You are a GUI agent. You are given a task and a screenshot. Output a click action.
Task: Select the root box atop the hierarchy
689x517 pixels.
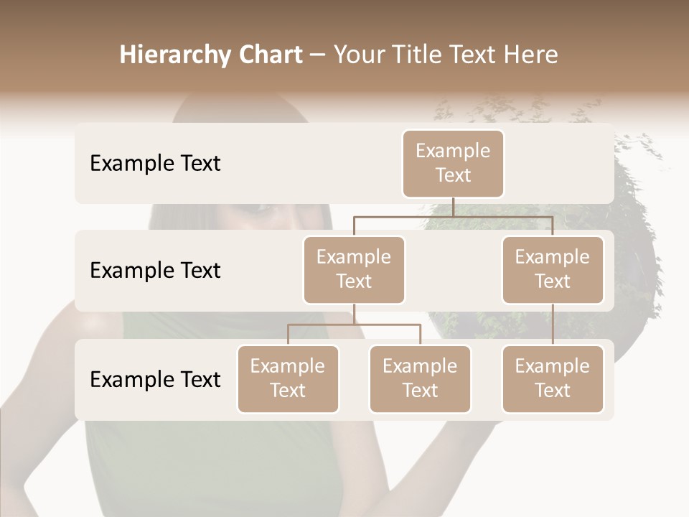(453, 163)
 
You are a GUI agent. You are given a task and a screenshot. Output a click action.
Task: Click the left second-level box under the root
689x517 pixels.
(354, 269)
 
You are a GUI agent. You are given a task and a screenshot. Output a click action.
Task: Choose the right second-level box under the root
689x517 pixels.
(553, 269)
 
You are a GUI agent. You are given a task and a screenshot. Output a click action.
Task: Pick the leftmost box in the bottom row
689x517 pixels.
(288, 378)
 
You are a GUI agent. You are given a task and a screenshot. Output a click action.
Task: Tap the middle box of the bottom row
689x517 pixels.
(420, 378)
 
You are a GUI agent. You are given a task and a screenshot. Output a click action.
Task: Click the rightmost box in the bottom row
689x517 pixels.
(553, 378)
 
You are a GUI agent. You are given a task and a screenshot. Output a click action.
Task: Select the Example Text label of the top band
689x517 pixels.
(155, 164)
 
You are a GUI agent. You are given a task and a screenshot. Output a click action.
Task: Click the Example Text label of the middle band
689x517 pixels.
(155, 271)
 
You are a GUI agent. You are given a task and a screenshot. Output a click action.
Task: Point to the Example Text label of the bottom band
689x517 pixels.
(155, 380)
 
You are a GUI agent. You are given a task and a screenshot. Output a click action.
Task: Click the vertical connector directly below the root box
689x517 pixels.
(453, 207)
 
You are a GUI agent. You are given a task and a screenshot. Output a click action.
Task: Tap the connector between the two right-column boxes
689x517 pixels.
(553, 325)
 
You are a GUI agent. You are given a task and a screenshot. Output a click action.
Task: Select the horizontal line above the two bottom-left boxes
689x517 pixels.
(354, 325)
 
